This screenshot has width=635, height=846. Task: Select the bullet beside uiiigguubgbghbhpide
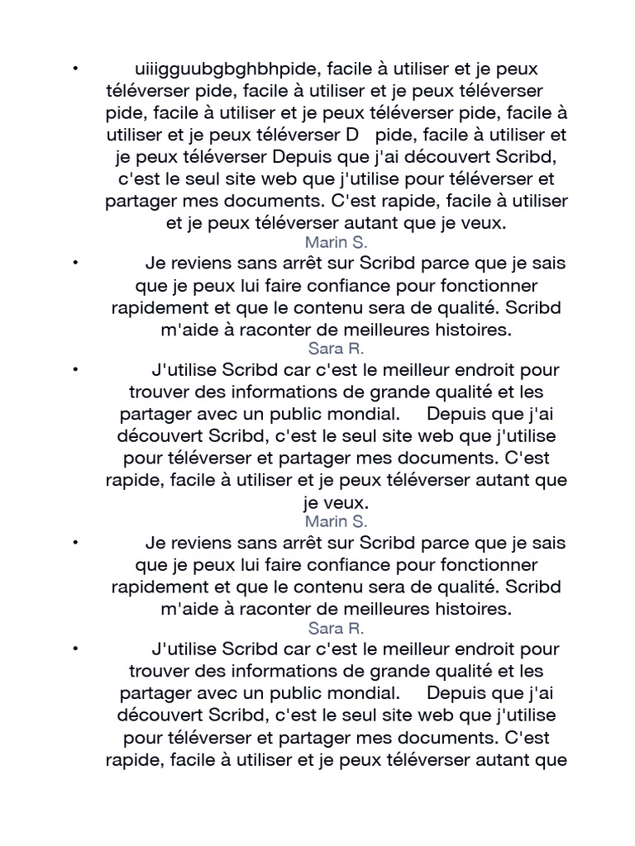tap(75, 65)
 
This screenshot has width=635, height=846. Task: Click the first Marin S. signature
tap(337, 242)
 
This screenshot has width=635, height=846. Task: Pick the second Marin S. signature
tap(337, 521)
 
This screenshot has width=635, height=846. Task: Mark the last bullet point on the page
tap(75, 645)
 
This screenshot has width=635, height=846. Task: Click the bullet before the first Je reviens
tap(75, 262)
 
